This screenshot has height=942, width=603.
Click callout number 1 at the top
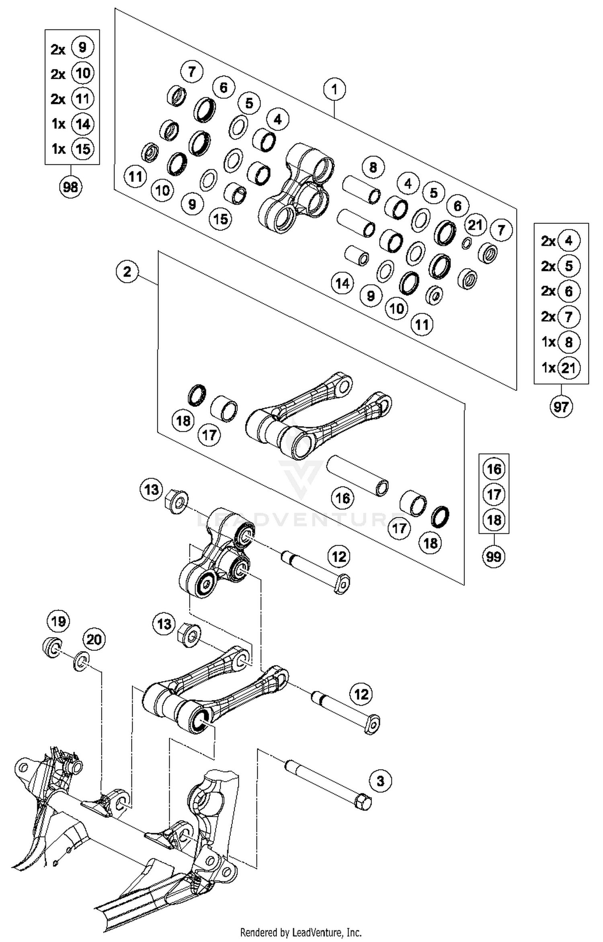(x=334, y=89)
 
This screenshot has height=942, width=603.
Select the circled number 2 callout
(x=127, y=272)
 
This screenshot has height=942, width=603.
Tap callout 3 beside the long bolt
(x=380, y=781)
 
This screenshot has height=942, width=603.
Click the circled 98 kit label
(x=71, y=187)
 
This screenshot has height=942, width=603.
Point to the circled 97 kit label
(x=561, y=407)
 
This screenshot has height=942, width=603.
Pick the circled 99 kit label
(x=494, y=556)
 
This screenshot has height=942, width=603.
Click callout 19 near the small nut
(x=58, y=621)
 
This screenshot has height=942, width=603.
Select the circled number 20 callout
(x=94, y=639)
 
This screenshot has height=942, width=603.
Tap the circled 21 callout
(x=475, y=225)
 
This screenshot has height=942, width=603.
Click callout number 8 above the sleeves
(x=373, y=167)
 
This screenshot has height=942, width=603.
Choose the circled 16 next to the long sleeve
(x=343, y=498)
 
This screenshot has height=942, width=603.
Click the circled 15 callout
(x=221, y=219)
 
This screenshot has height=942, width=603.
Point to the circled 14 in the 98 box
(x=82, y=124)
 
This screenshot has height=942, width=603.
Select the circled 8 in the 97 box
(x=568, y=342)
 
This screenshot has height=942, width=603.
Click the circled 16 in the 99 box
(x=494, y=469)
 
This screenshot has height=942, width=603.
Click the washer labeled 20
(x=81, y=661)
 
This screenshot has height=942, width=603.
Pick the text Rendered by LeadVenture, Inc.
(x=301, y=932)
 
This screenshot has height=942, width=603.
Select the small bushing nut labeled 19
(x=52, y=647)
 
